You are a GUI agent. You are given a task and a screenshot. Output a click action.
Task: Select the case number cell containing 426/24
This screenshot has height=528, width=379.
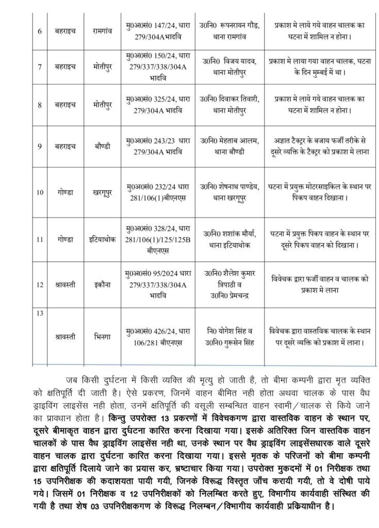click(x=157, y=336)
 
